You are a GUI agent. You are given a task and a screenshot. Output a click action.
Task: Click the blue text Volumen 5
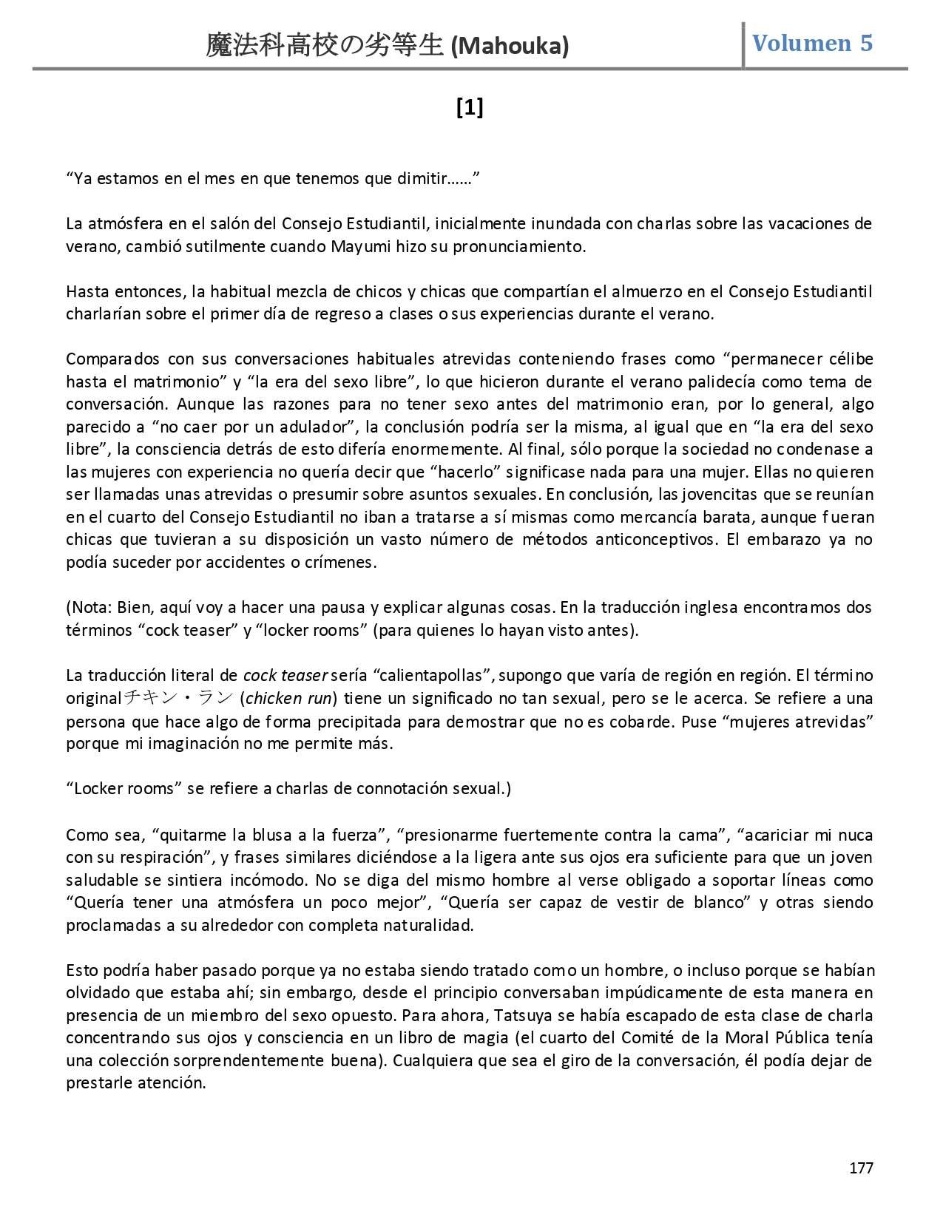click(812, 43)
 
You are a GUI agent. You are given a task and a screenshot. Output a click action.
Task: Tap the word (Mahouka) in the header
click(510, 47)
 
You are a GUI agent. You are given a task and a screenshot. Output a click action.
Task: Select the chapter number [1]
click(470, 108)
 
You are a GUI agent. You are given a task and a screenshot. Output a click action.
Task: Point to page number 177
click(861, 1168)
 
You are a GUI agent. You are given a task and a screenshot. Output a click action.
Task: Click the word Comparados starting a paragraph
click(112, 359)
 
